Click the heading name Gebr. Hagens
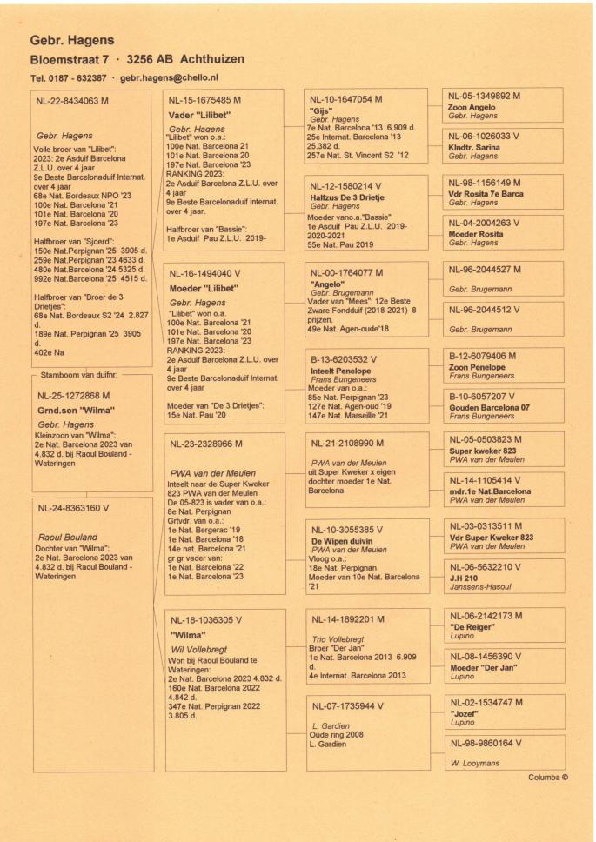(x=72, y=41)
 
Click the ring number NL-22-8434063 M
(x=80, y=102)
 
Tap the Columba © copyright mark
(x=547, y=777)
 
